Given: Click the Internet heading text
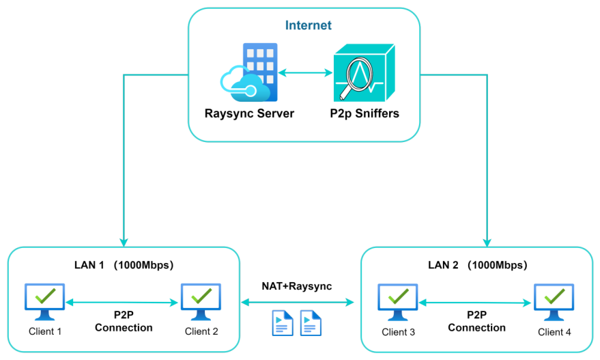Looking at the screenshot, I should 309,26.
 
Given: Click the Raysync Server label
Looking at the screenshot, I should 249,113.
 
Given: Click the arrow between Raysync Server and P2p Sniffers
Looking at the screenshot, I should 306,72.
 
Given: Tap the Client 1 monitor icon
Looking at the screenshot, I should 45,301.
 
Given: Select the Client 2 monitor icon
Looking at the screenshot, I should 201,301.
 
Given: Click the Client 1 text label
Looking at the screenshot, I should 45,331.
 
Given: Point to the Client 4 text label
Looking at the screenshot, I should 554,333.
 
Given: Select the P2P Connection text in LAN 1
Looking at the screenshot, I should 124,322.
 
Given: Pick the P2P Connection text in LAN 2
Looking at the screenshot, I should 476,322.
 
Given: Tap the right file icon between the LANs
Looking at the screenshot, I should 311,323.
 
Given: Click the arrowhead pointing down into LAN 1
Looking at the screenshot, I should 124,241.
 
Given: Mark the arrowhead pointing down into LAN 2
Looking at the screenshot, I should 487,241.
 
